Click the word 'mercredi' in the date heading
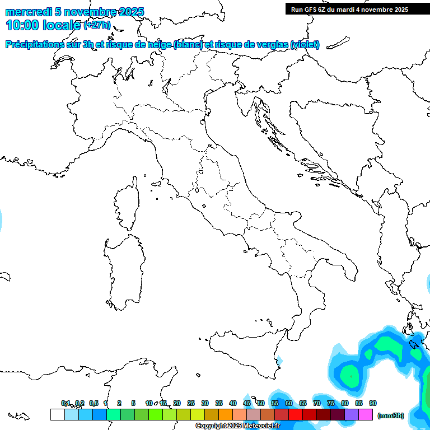pos(29,12)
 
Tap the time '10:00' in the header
pos(22,25)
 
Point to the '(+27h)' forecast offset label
pos(97,25)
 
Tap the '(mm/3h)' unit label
pos(391,415)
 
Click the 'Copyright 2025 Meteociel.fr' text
pos(237,426)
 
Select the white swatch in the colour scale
pos(57,414)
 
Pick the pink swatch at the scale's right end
pos(366,414)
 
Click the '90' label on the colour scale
pos(372,403)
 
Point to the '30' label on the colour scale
pos(205,403)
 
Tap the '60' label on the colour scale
pos(289,403)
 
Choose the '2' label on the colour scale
pos(119,403)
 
